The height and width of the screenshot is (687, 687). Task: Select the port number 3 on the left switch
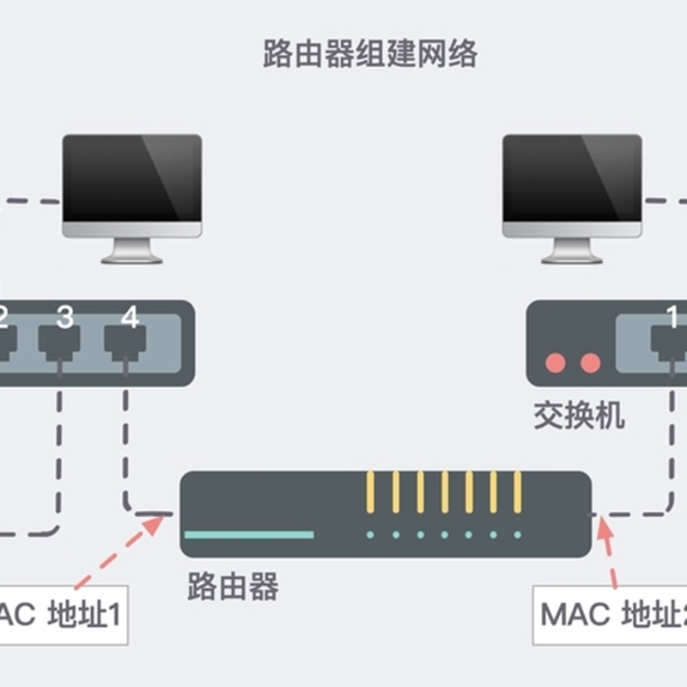coord(64,317)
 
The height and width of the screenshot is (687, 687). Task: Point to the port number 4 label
coord(130,317)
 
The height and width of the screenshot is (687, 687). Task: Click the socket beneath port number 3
coord(59,343)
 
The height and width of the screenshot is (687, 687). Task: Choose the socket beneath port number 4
coord(125,343)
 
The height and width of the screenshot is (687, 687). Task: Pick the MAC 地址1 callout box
coord(64,615)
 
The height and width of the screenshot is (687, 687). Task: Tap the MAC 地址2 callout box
coord(610,615)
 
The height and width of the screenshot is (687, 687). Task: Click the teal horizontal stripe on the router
coord(249,534)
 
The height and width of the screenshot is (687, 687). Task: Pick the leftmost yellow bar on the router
coord(371,492)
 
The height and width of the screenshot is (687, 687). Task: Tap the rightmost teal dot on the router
coord(518,534)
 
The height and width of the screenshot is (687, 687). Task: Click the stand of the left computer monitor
coord(132,251)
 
